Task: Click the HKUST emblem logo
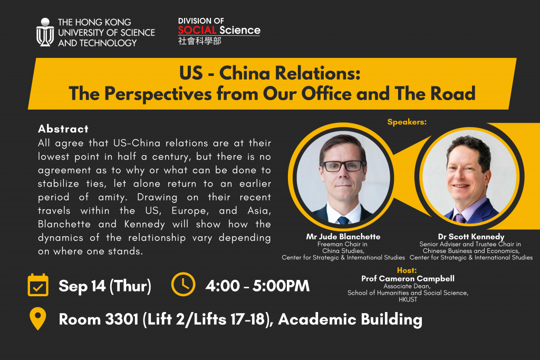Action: [45, 32]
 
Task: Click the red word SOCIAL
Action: [197, 30]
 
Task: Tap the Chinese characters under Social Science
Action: [199, 41]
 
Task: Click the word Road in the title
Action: [453, 93]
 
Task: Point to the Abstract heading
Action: [63, 129]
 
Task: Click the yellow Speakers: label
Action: [407, 122]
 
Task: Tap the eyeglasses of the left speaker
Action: [343, 166]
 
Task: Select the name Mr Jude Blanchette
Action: [343, 237]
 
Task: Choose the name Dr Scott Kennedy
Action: [471, 237]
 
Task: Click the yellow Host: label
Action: [407, 270]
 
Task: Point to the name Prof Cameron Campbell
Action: [408, 278]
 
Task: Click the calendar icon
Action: [38, 285]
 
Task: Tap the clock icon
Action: [183, 284]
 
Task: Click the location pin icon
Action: [38, 318]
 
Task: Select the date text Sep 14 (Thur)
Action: [105, 286]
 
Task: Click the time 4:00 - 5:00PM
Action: [257, 286]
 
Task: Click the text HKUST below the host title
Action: [408, 299]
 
